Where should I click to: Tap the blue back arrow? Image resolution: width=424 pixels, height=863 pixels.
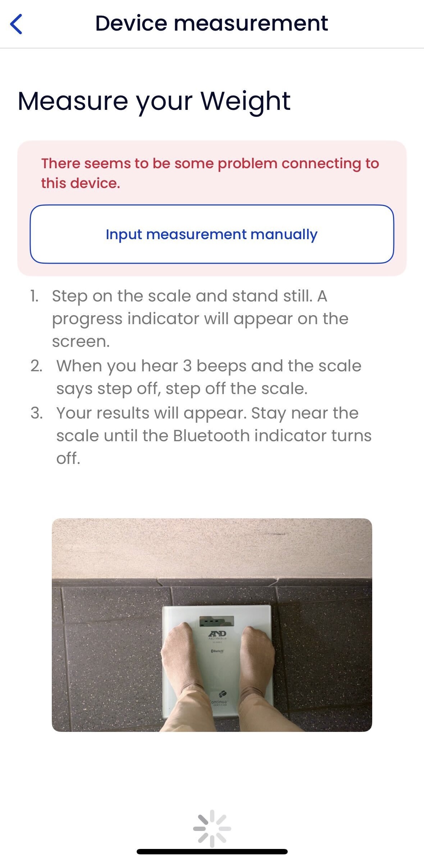click(16, 24)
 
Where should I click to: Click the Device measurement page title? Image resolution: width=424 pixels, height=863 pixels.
click(211, 23)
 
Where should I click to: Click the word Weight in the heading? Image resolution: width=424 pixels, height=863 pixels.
click(245, 102)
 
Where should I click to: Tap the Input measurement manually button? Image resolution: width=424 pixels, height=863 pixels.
click(212, 234)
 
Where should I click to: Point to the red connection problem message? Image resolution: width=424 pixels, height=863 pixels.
click(210, 173)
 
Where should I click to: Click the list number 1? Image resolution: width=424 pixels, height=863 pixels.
click(34, 296)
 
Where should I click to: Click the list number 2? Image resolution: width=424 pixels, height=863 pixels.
click(36, 366)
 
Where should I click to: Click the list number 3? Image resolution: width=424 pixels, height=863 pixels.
click(37, 413)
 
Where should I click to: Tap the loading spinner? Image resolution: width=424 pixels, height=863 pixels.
click(212, 828)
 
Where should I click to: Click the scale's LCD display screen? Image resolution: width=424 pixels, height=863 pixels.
click(217, 621)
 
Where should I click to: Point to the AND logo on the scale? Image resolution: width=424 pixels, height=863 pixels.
click(218, 634)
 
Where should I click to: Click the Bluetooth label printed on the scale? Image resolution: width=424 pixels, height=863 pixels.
click(217, 651)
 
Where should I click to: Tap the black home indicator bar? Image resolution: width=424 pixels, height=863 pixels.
click(212, 851)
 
